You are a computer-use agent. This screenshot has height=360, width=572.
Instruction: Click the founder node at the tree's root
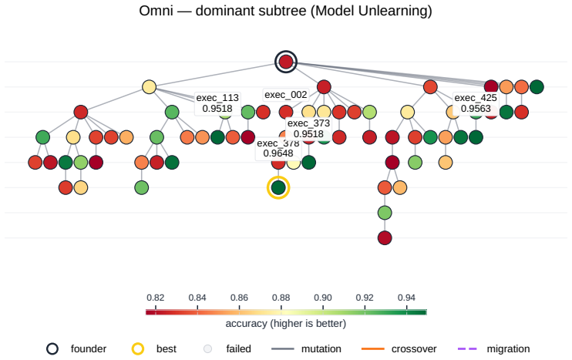[x=286, y=62]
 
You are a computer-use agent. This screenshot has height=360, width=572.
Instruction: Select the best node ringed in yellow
[x=278, y=187]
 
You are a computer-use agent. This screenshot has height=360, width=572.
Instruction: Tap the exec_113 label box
[x=217, y=103]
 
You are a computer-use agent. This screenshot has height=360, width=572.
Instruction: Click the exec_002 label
[x=286, y=95]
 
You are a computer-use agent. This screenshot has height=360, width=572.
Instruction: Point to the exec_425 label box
[x=476, y=103]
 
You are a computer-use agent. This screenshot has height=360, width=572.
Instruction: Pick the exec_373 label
[x=308, y=129]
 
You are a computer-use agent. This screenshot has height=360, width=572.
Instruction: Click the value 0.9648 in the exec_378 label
[x=278, y=153]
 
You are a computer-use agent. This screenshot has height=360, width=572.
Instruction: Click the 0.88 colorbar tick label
[x=281, y=298]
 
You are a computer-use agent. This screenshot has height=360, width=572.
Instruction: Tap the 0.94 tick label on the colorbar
[x=406, y=298]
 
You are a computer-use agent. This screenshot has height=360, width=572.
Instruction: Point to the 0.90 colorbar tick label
[x=323, y=298]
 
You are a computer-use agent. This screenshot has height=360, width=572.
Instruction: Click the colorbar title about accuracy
[x=286, y=324]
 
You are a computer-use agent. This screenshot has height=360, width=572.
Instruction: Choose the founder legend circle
[x=52, y=348]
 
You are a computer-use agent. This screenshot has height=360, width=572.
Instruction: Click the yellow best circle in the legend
[x=138, y=348]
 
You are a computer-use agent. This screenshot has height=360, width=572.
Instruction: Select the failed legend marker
[x=207, y=348]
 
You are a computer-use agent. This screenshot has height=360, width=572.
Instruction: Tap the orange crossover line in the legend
[x=373, y=349]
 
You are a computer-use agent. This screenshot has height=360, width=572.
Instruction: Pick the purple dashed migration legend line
[x=467, y=349]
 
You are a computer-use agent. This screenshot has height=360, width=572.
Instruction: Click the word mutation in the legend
[x=321, y=349]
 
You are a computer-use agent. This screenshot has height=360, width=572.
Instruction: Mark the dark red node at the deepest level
[x=385, y=237]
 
